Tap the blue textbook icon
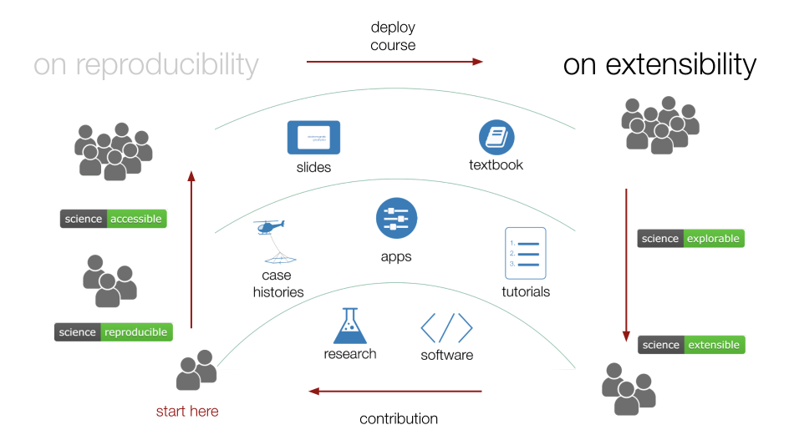(496, 137)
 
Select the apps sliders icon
(396, 219)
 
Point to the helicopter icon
(270, 227)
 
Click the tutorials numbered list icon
(526, 253)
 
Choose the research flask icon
(350, 326)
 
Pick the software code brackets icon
(446, 327)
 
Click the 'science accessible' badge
(114, 219)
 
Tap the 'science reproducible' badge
(114, 331)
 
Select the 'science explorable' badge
(691, 238)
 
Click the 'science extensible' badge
(691, 344)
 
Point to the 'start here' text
(187, 411)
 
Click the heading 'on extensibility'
(659, 64)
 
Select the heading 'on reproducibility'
(146, 64)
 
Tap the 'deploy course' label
(393, 36)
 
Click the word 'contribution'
(399, 418)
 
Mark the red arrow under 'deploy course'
(394, 61)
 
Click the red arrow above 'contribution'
(395, 391)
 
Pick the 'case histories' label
(277, 284)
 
